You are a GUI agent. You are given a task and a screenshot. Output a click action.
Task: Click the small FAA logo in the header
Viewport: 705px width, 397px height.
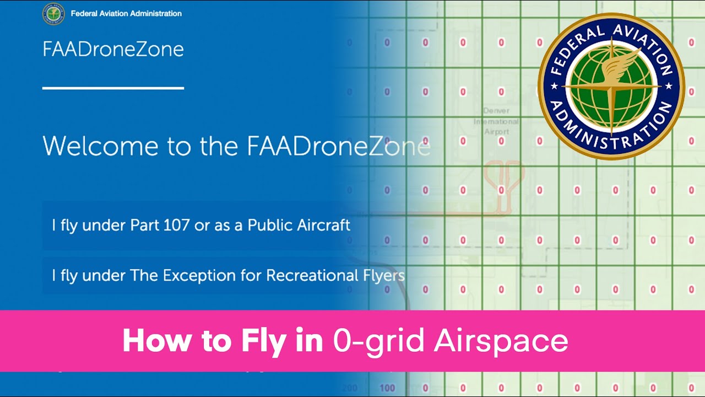coord(53,14)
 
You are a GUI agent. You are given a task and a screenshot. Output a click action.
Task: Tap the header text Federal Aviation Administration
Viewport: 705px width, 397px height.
coord(126,14)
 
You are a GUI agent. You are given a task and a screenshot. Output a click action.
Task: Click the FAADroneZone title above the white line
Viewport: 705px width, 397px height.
coord(113,50)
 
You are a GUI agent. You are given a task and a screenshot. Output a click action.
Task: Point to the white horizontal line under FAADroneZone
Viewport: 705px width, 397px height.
coord(113,88)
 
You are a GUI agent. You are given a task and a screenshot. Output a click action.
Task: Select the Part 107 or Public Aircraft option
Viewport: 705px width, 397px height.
coord(201,226)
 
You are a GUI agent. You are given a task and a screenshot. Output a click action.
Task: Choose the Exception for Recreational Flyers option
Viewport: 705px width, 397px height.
coord(228,275)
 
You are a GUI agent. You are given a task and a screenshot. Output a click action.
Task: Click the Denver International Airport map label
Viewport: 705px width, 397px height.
coord(496,121)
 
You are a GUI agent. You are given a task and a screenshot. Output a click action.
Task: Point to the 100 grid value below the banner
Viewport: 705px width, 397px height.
coord(387,388)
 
